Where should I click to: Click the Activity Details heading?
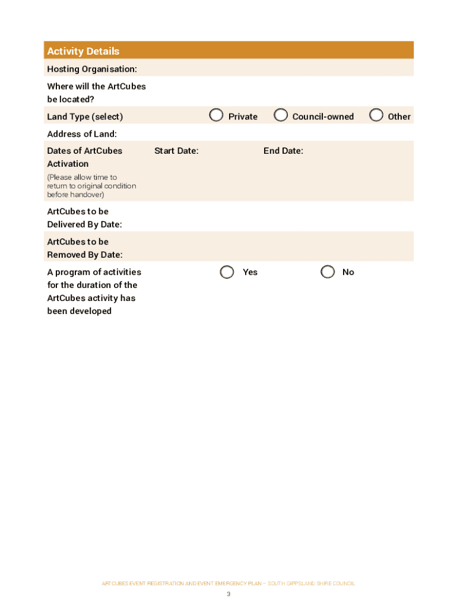pyautogui.click(x=83, y=51)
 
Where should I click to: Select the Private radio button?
pyautogui.click(x=217, y=115)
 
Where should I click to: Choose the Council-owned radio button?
pyautogui.click(x=281, y=115)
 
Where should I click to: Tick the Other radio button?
pyautogui.click(x=376, y=115)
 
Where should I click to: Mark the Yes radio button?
pyautogui.click(x=227, y=272)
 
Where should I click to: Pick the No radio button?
pyautogui.click(x=328, y=272)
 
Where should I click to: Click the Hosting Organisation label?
pyautogui.click(x=92, y=69)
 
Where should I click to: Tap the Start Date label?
pyautogui.click(x=176, y=151)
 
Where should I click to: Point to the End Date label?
pyautogui.click(x=283, y=151)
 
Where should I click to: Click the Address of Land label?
pyautogui.click(x=82, y=134)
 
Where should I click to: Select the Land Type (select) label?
pyautogui.click(x=85, y=117)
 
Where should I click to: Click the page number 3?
pyautogui.click(x=228, y=594)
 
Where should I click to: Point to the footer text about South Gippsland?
pyautogui.click(x=228, y=584)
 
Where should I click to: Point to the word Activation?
pyautogui.click(x=68, y=164)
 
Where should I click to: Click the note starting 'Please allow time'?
pyautogui.click(x=91, y=186)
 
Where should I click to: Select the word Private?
pyautogui.click(x=243, y=117)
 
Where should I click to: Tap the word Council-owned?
pyautogui.click(x=323, y=117)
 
